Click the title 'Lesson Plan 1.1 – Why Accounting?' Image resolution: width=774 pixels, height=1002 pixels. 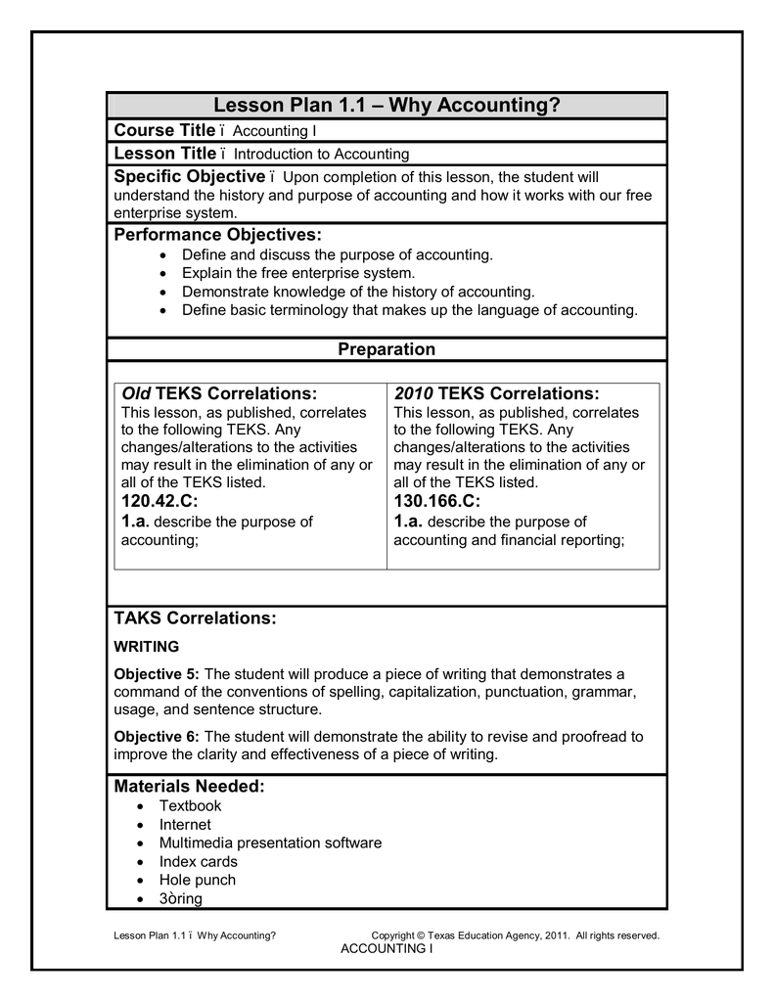(x=387, y=106)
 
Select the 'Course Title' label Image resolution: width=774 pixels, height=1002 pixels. (x=163, y=130)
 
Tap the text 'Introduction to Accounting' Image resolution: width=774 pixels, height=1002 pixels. (x=321, y=154)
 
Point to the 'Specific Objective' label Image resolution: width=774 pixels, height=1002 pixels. (x=189, y=176)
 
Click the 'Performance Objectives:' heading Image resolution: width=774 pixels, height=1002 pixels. (x=217, y=235)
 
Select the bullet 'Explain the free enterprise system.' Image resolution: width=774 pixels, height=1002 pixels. (x=298, y=273)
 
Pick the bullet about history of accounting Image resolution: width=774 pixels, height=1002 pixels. (x=358, y=292)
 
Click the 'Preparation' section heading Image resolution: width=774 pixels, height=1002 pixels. (x=387, y=349)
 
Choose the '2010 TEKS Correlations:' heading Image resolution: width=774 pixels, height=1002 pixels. (x=495, y=393)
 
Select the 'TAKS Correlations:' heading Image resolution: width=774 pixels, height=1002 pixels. (x=196, y=618)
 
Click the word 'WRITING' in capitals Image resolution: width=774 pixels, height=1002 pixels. (x=147, y=647)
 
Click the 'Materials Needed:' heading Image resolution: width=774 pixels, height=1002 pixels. (x=190, y=787)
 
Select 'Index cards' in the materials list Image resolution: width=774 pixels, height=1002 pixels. (x=198, y=861)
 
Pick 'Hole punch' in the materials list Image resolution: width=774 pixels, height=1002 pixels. (x=197, y=880)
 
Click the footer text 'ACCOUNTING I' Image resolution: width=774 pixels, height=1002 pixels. (x=386, y=948)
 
